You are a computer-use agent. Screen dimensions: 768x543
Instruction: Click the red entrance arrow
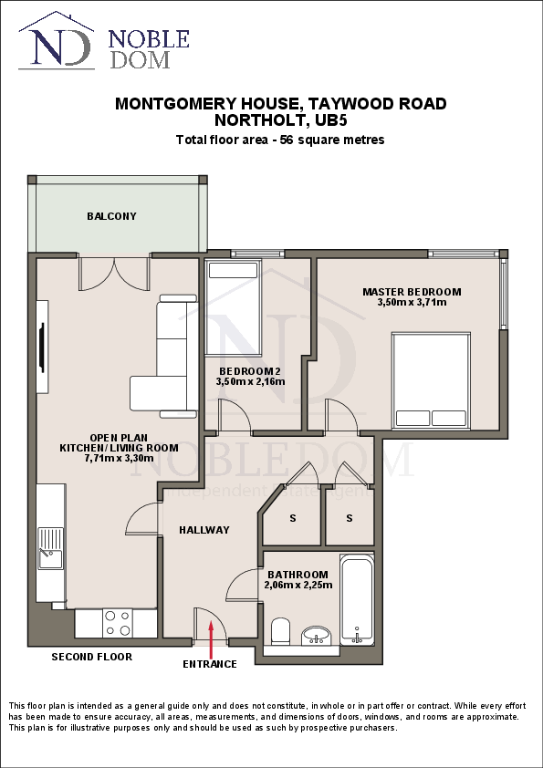212,639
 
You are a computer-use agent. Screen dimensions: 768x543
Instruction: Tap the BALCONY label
111,216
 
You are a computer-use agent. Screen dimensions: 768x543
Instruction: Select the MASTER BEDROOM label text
412,292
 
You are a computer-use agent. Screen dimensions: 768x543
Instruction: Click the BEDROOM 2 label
249,370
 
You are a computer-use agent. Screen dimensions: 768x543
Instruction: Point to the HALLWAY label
204,530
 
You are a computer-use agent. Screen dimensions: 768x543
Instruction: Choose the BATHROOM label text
298,575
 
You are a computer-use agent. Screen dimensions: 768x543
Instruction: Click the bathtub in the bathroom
357,598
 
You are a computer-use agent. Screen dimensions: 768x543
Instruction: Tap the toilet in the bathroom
281,630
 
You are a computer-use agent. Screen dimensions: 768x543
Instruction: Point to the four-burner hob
117,623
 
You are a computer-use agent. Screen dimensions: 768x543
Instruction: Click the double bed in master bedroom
431,380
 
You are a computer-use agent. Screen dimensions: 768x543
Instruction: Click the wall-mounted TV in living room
41,348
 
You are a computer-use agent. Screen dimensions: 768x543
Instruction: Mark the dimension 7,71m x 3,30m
119,459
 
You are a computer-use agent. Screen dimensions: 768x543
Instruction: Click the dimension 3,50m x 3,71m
412,302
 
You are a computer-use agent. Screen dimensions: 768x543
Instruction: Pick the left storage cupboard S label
293,518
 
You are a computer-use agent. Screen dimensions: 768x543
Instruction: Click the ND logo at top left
56,44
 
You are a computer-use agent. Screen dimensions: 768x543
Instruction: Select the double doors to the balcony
114,273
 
